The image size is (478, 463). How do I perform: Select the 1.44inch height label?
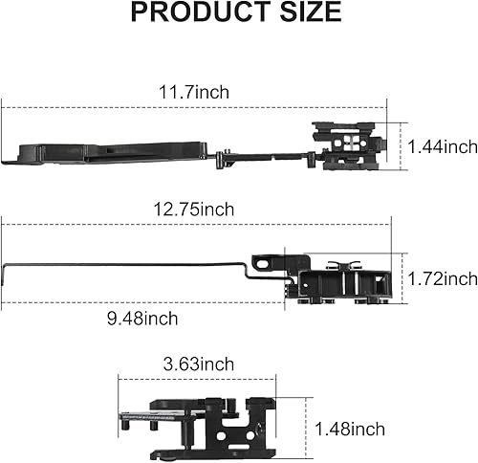pyautogui.click(x=442, y=146)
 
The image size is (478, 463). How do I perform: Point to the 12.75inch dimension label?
pyautogui.click(x=198, y=209)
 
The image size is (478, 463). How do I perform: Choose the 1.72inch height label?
pyautogui.click(x=442, y=278)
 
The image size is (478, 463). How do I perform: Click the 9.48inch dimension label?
pyautogui.click(x=143, y=318)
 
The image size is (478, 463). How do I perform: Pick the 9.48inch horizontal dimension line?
pyautogui.click(x=143, y=304)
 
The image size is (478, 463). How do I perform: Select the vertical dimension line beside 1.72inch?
pyautogui.click(x=401, y=277)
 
